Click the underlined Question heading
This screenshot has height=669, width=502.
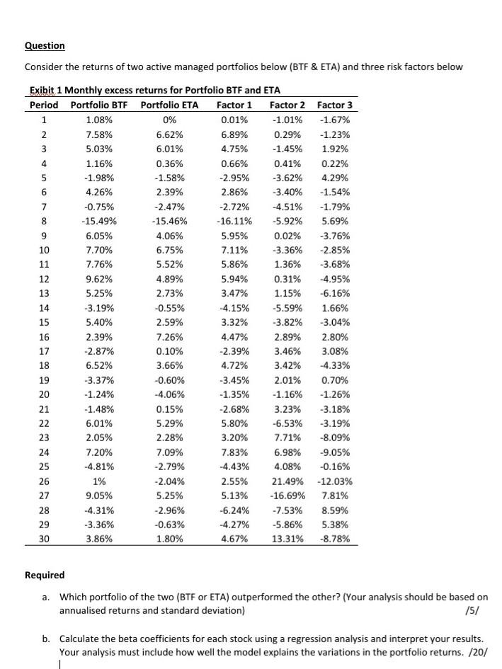[45, 46]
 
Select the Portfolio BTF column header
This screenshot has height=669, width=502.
[96, 105]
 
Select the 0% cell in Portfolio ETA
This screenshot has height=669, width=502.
[169, 120]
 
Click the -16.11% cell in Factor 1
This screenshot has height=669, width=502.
[234, 221]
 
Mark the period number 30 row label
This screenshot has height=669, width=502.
[44, 539]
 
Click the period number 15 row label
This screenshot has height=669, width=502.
[44, 322]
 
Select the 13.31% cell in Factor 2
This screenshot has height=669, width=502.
[288, 539]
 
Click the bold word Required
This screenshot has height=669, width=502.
[45, 575]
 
